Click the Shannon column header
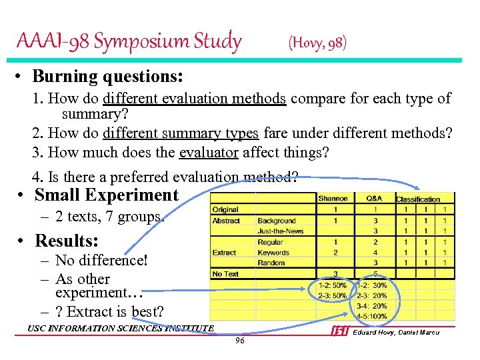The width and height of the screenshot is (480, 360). [x=333, y=198]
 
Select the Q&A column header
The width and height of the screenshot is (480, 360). [x=374, y=198]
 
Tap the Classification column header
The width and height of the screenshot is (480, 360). [x=418, y=199]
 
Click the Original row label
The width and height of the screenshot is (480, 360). [x=225, y=209]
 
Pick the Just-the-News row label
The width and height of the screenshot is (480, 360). [x=280, y=231]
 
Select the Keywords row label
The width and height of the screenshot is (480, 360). [x=273, y=253]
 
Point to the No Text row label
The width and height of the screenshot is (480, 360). [x=225, y=274]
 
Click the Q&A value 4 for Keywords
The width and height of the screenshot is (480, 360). [x=375, y=253]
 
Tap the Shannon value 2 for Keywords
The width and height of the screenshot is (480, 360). [x=335, y=253]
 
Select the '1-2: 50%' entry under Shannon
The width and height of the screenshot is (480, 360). [x=332, y=285]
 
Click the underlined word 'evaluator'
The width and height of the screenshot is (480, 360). [x=209, y=152]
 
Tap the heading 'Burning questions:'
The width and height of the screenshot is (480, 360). [x=107, y=76]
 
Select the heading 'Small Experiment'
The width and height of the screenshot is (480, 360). [x=106, y=195]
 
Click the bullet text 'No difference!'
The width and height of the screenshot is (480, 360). [x=101, y=260]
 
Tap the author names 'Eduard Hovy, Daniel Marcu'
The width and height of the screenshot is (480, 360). [x=396, y=332]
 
